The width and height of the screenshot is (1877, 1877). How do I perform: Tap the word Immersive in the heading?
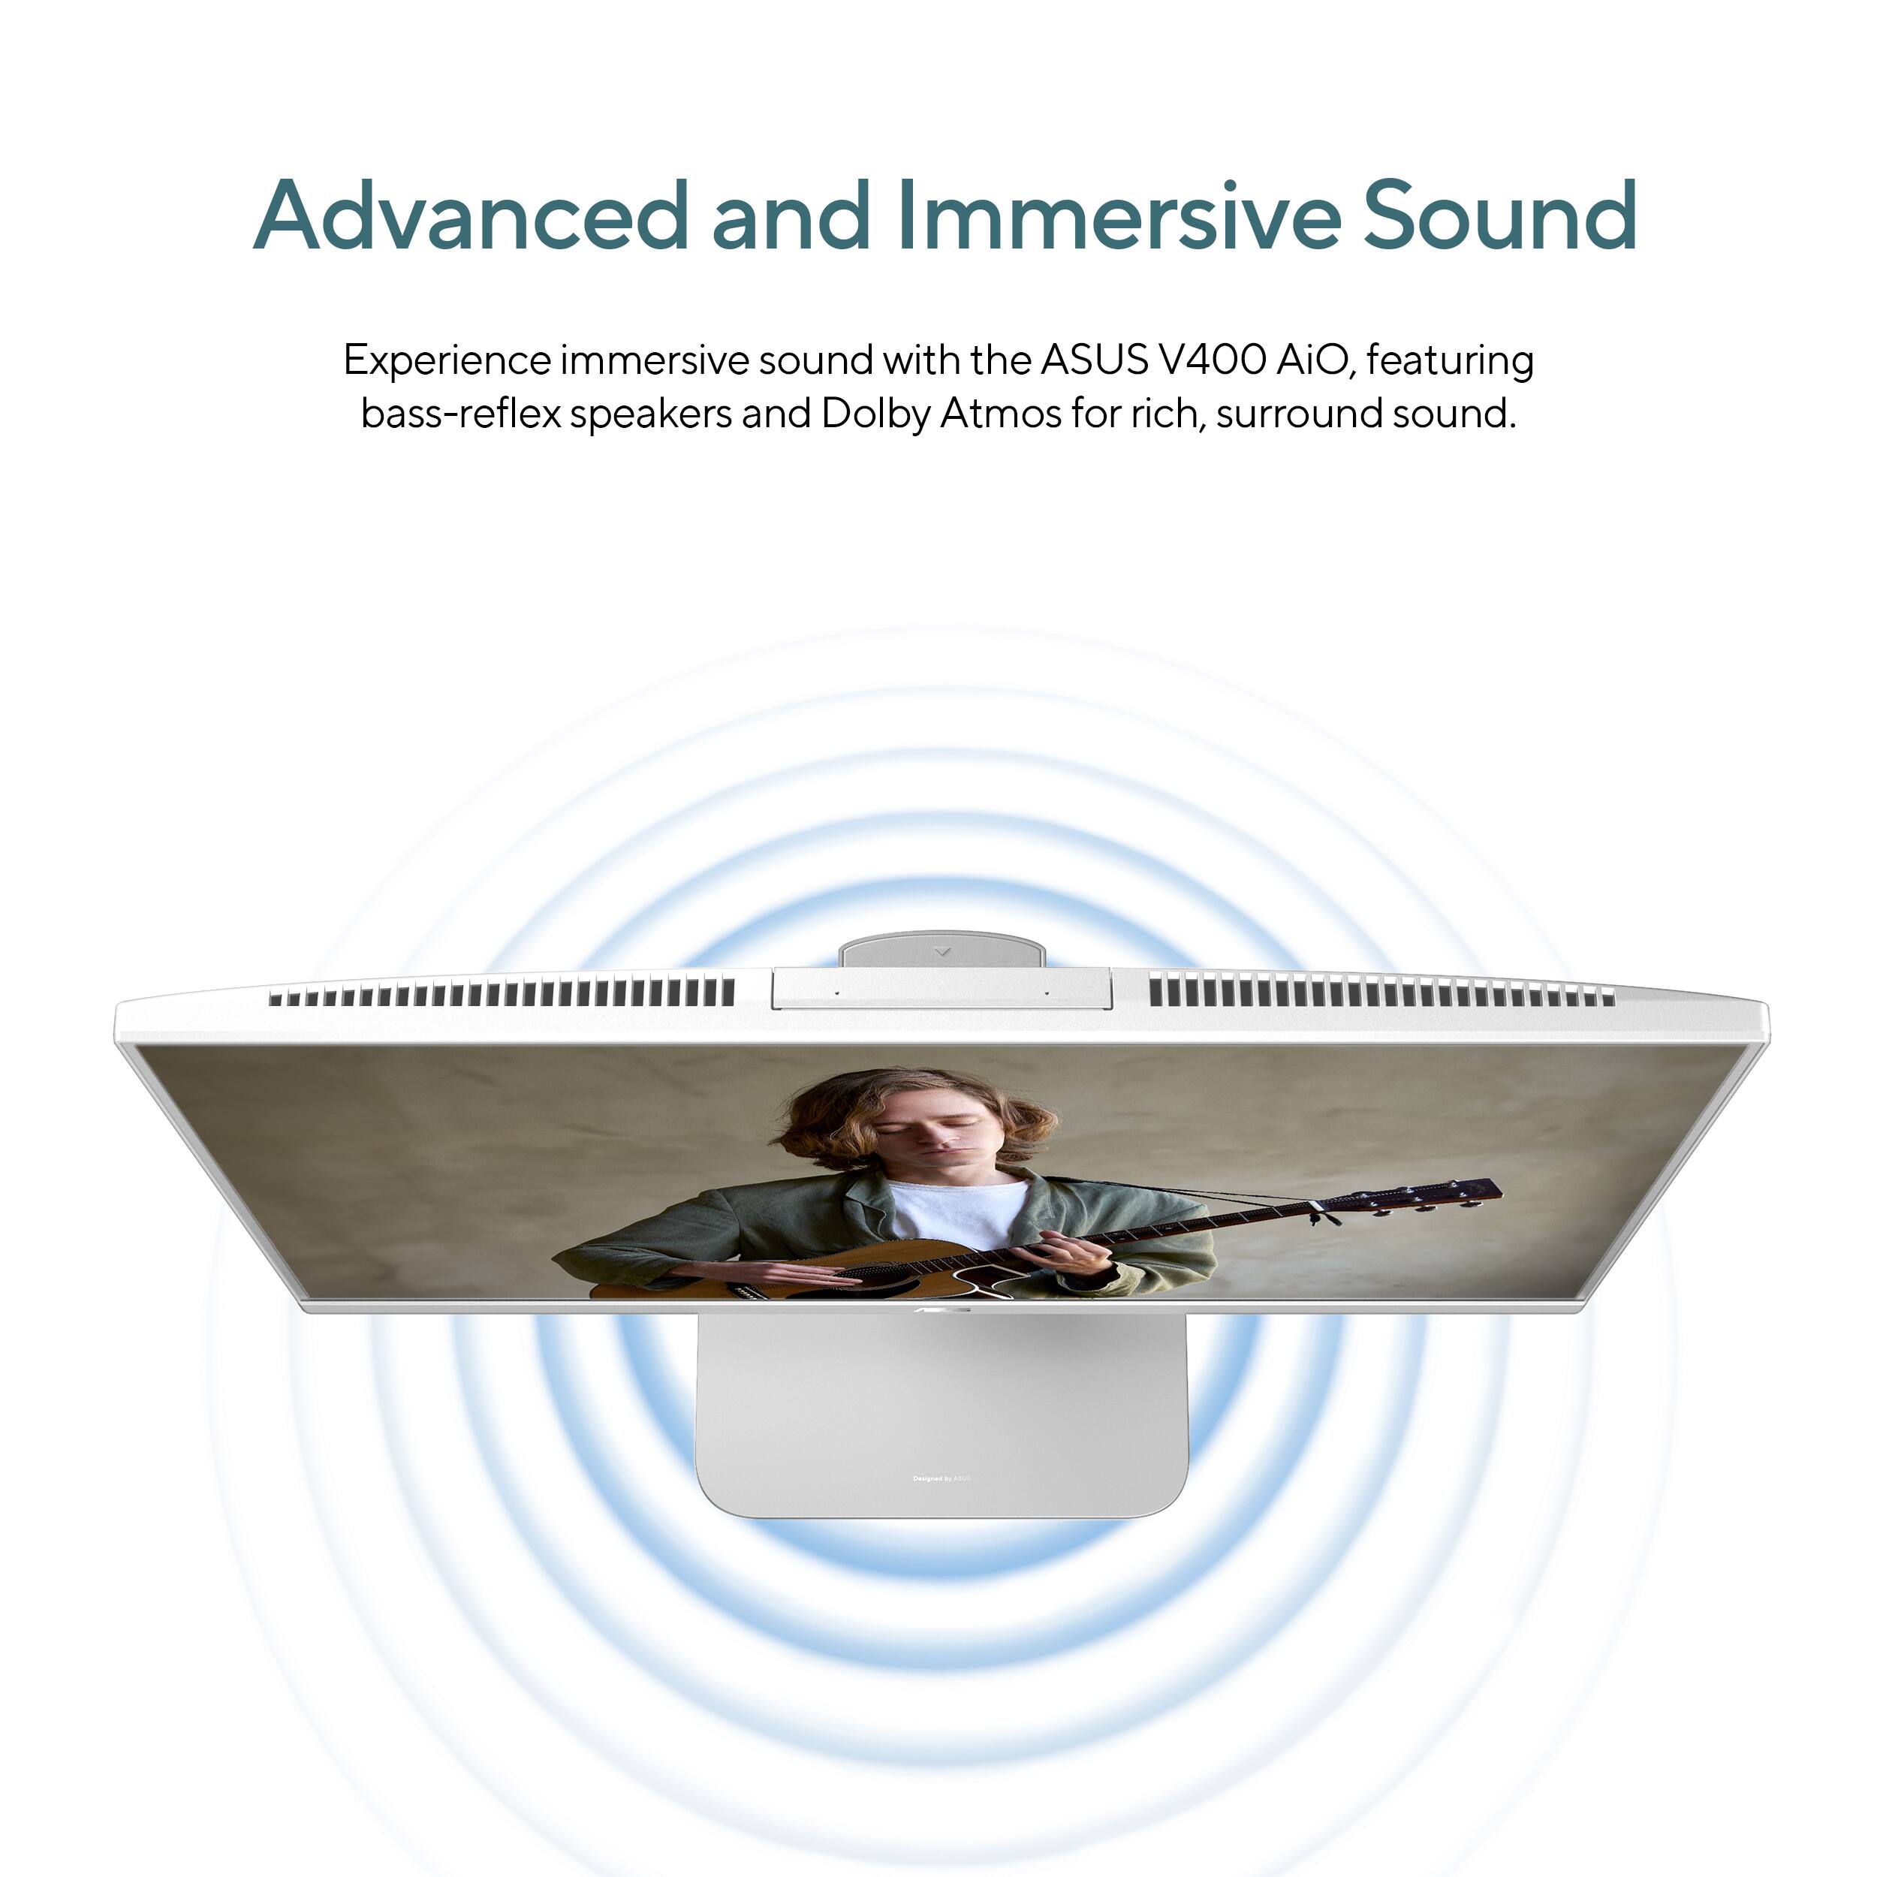pos(1117,215)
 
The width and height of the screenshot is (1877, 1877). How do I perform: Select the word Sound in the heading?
pos(1500,215)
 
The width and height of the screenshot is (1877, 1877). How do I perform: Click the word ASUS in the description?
pos(1094,360)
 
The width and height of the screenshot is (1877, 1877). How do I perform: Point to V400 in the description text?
pos(1212,360)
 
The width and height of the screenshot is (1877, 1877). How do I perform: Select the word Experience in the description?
pos(447,361)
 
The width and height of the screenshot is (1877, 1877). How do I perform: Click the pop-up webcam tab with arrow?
pos(942,951)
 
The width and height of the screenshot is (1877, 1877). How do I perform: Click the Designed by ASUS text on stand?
pos(942,1478)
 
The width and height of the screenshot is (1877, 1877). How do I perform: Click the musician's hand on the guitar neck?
pos(1074,1253)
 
